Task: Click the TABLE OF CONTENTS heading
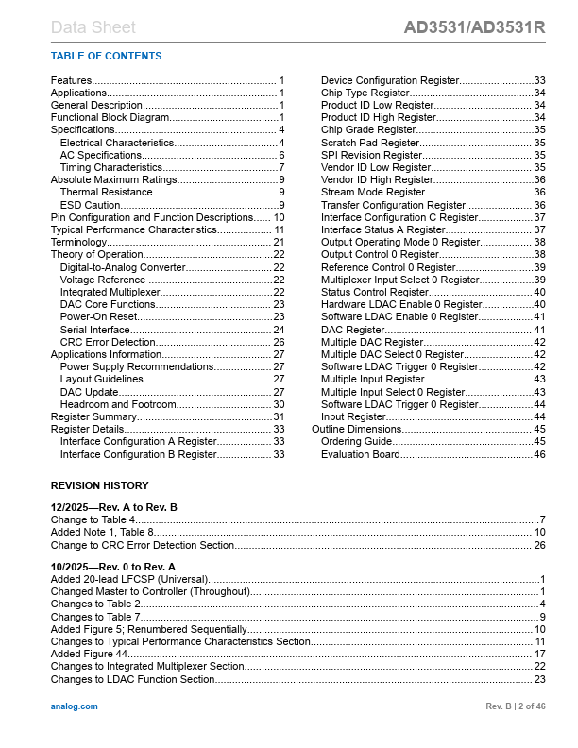tap(106, 56)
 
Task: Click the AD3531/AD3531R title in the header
tap(474, 27)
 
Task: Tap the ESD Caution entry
tap(91, 205)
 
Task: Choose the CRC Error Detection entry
tap(108, 342)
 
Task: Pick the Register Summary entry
tap(93, 416)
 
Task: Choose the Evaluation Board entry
tap(360, 454)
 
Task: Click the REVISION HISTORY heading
tap(99, 485)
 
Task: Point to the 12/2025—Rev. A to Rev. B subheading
tap(113, 507)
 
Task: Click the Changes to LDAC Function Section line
tap(132, 679)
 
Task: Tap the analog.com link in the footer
tap(74, 706)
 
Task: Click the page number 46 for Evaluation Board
tap(540, 454)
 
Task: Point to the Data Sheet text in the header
tap(93, 27)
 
